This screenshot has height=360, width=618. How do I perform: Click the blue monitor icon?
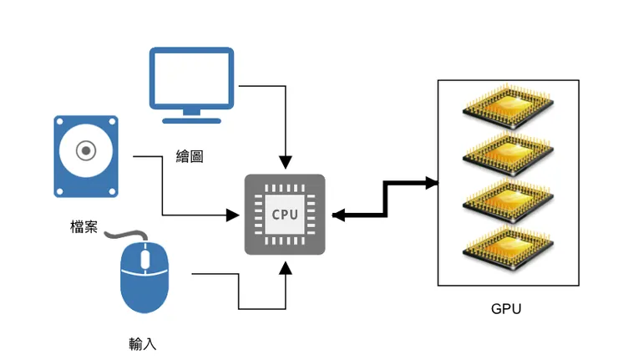(x=191, y=77)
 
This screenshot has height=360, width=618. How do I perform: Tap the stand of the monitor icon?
(x=191, y=114)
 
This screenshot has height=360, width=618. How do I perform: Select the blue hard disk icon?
(x=87, y=157)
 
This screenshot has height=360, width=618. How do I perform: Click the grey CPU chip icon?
(x=284, y=214)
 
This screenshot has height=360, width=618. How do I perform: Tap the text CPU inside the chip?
(x=284, y=214)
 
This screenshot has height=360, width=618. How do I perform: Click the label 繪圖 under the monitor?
(x=190, y=156)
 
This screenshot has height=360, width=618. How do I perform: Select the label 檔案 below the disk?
(x=84, y=226)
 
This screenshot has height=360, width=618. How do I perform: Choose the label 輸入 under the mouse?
(x=143, y=343)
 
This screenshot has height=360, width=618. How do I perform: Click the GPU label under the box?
(x=506, y=310)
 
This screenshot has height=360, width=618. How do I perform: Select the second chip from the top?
(x=507, y=151)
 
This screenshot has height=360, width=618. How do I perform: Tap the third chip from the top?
(x=507, y=198)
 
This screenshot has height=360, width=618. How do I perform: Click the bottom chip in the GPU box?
(x=507, y=245)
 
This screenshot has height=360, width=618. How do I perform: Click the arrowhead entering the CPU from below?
(x=286, y=266)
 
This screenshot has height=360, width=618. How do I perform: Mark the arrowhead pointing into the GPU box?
(x=432, y=183)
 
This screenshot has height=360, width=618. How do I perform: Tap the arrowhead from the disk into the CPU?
(x=233, y=215)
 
